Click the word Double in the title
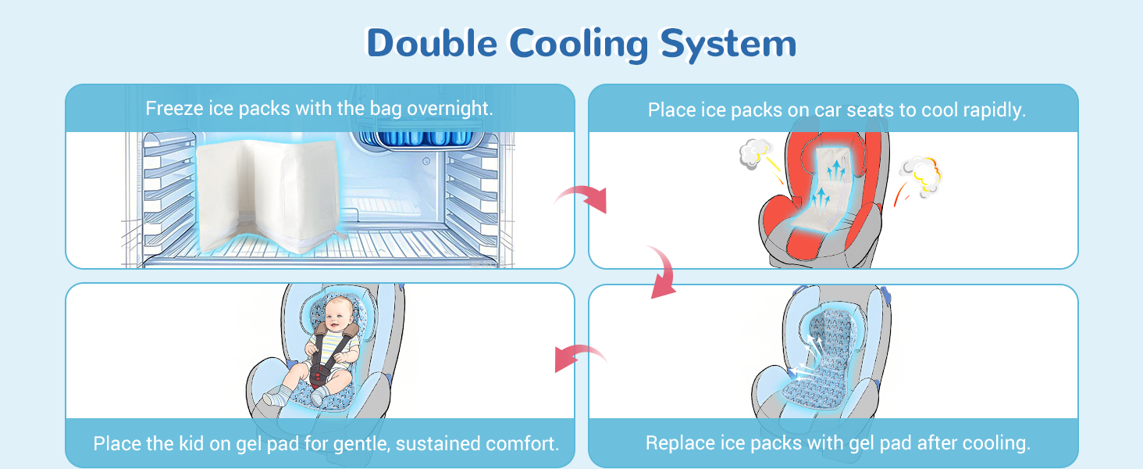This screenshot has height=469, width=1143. point(431,43)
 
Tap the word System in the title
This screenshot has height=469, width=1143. point(728,43)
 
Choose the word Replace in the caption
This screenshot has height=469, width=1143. point(678,443)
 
